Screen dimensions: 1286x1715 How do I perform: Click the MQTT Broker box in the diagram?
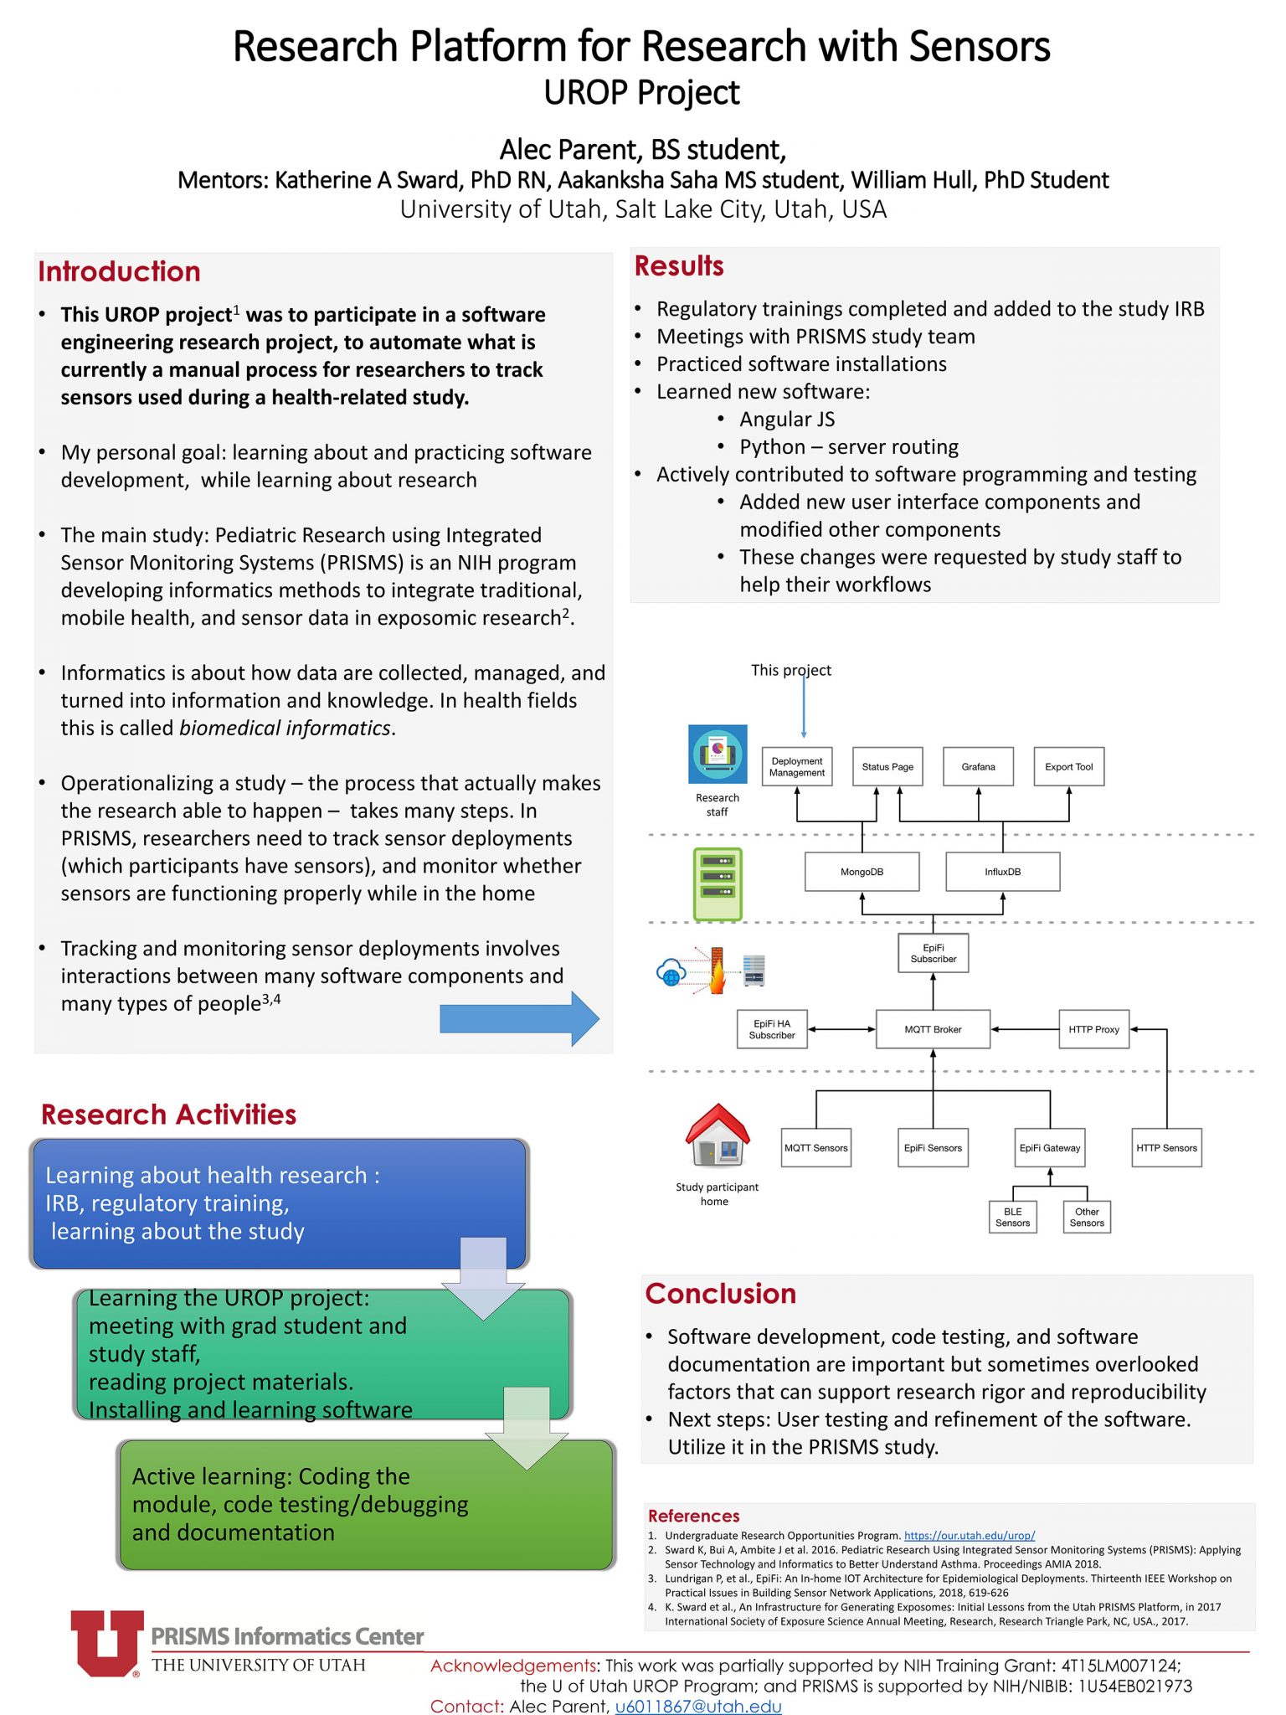coord(933,1029)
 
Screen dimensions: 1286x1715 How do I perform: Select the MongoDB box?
coord(862,872)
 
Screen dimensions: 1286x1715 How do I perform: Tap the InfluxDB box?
coord(1002,872)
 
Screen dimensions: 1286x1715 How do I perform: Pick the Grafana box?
coord(978,766)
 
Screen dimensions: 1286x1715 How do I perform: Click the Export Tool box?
coord(1069,766)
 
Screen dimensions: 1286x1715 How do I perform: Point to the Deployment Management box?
coord(797,766)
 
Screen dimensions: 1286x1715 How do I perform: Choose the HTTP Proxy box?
coord(1093,1029)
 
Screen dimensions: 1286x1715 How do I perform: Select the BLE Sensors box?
coord(1012,1217)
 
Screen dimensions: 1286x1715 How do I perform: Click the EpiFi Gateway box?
coord(1050,1147)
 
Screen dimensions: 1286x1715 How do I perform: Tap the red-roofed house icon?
coord(718,1135)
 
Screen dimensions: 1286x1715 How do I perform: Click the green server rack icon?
coord(718,884)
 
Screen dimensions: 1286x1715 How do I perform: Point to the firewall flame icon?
coord(717,971)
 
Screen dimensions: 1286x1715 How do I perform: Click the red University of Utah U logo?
coord(106,1643)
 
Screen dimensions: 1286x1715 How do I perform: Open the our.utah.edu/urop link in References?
coord(970,1536)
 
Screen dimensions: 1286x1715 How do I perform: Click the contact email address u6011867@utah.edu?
coord(698,1706)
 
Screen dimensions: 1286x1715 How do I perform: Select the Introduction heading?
coord(119,271)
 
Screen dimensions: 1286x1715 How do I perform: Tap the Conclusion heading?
coord(720,1293)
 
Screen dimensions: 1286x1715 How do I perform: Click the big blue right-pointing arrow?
coord(520,1018)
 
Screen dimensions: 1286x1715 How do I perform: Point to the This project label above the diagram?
coord(790,670)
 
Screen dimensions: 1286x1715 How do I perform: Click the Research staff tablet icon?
coord(718,754)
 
